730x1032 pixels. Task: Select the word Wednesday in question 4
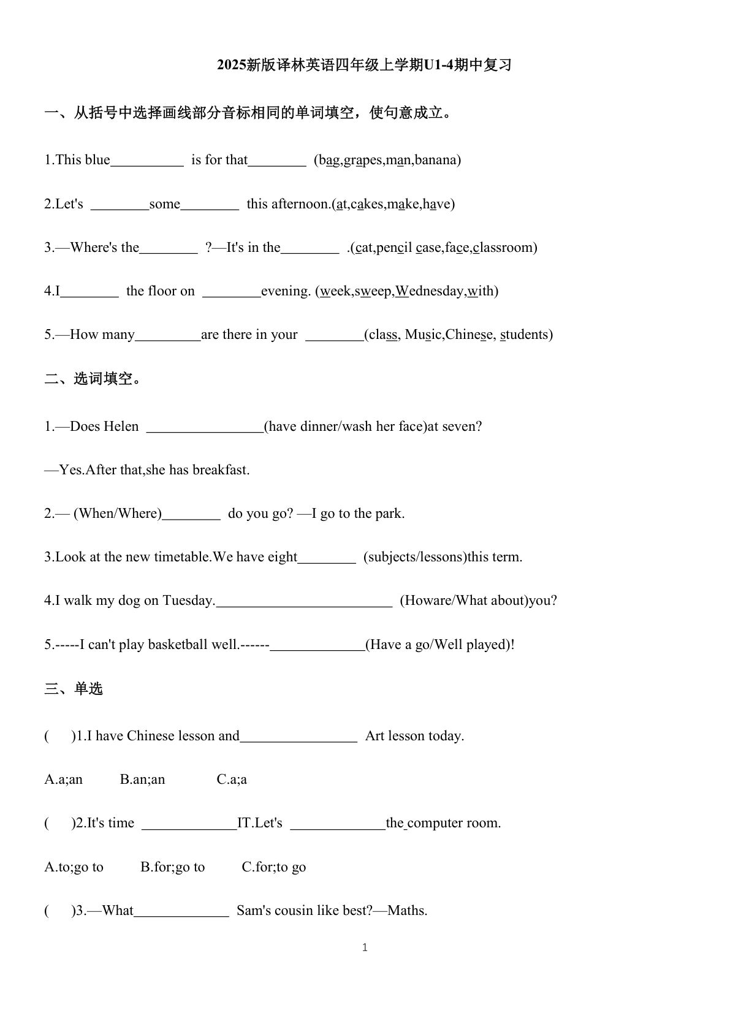(430, 291)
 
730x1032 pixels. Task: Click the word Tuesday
(188, 601)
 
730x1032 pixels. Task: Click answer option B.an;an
(142, 780)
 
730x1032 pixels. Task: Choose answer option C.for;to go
(273, 867)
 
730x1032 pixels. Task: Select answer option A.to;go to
(74, 867)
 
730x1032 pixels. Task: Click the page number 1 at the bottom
(365, 947)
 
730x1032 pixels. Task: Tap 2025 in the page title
(231, 65)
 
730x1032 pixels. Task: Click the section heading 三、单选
(74, 689)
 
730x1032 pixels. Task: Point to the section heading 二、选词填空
(93, 379)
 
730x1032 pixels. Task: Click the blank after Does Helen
(205, 427)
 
